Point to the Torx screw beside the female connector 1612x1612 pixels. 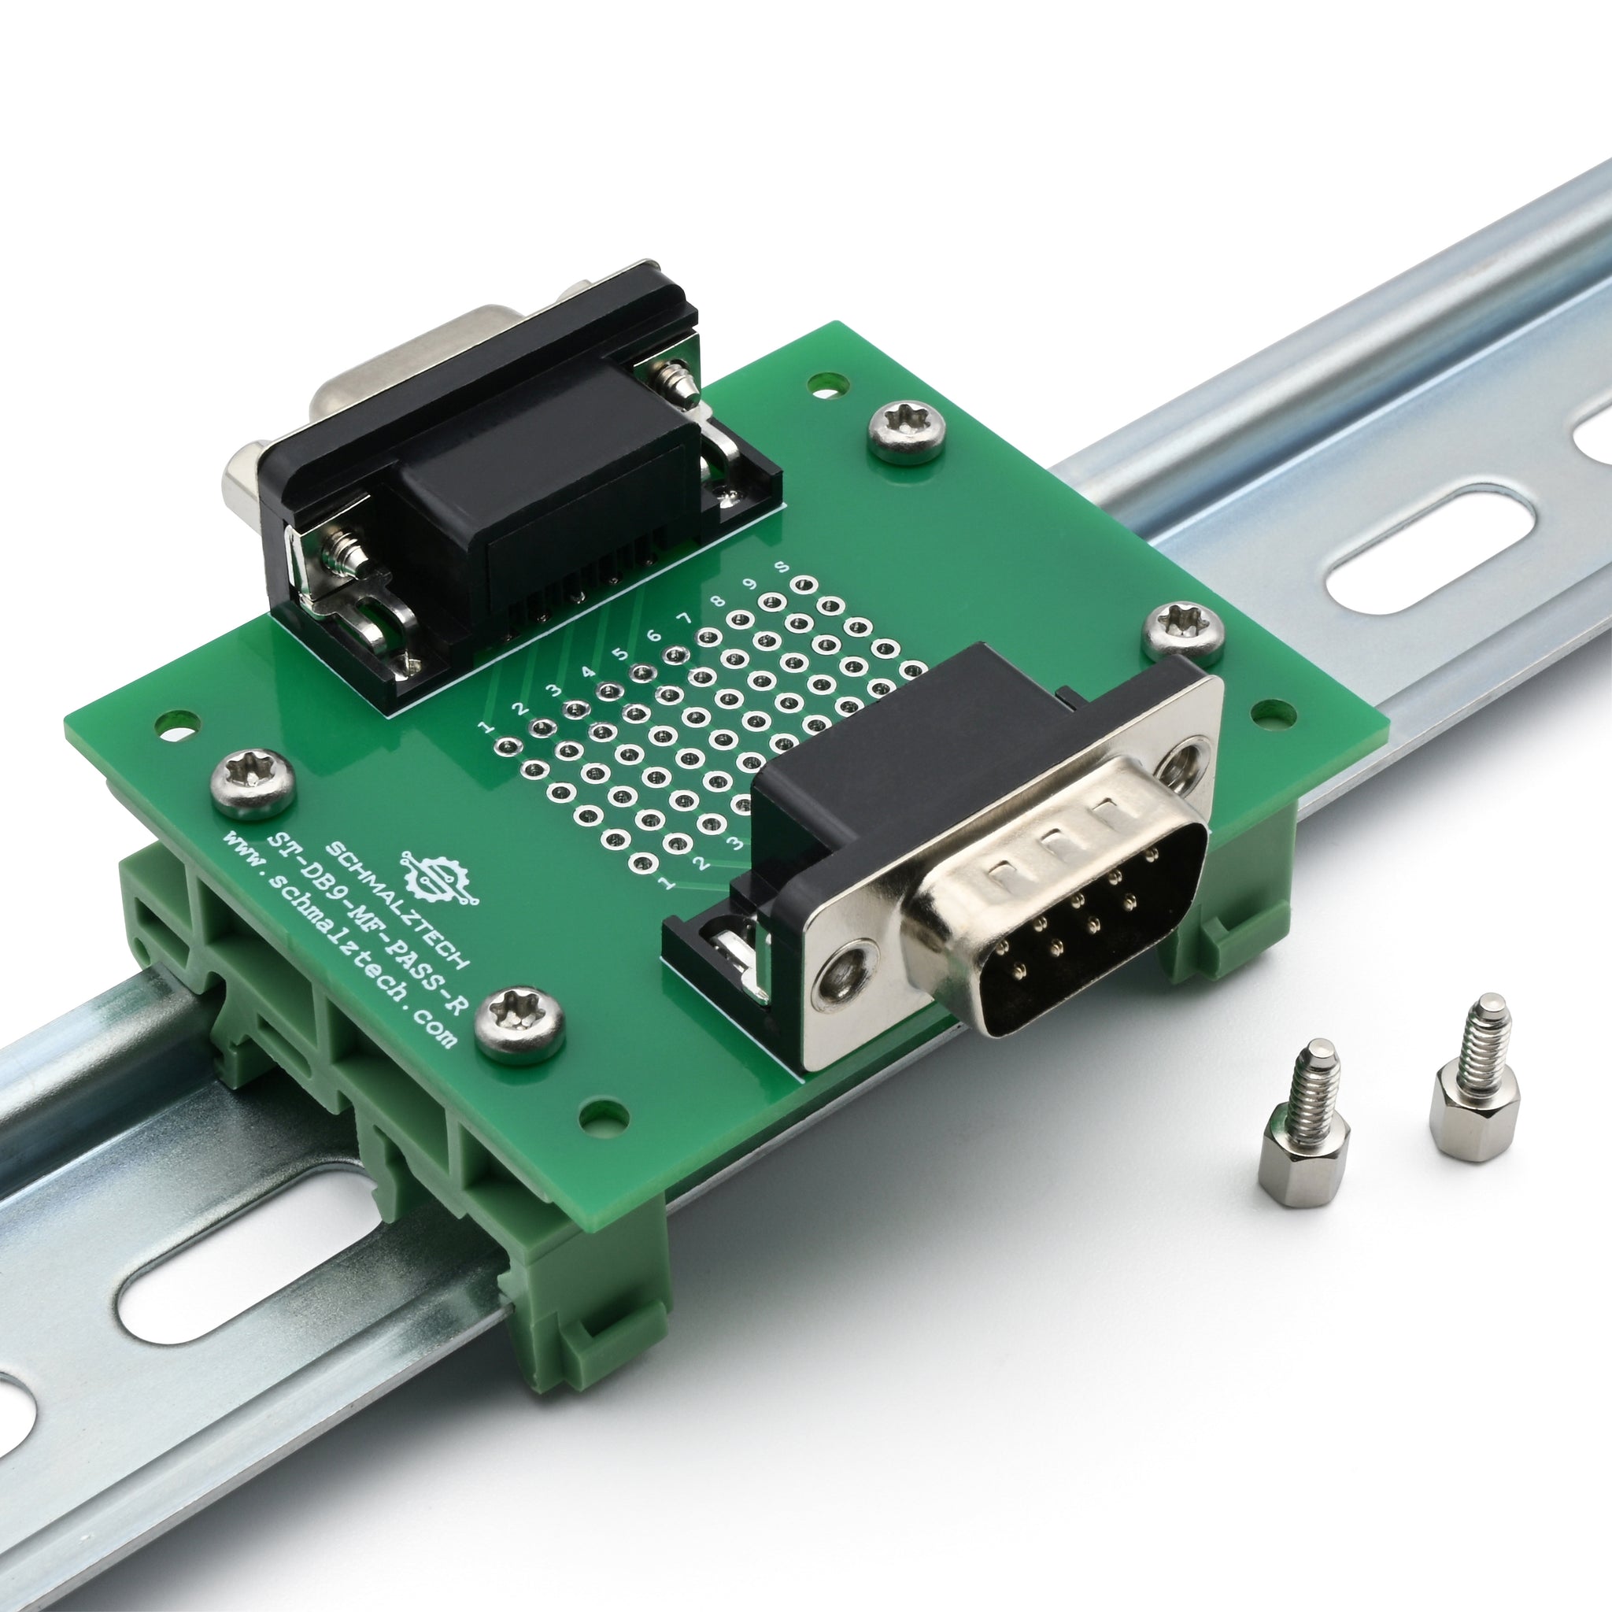(906, 430)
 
